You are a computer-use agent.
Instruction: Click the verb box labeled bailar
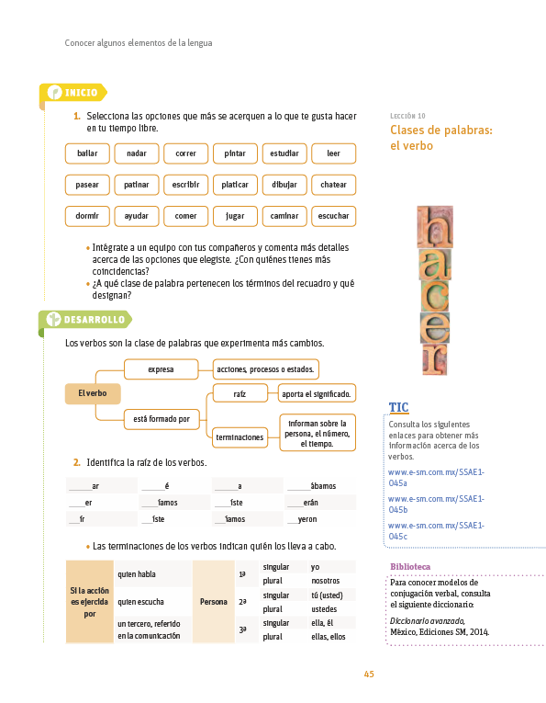tap(87, 153)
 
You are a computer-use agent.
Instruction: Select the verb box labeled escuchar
tap(333, 216)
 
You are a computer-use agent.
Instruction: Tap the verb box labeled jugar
tap(235, 216)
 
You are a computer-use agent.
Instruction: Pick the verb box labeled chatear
tap(333, 185)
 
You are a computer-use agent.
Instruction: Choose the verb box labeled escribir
tap(185, 185)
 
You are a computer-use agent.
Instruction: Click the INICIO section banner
tap(73, 93)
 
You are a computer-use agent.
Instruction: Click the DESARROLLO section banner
tap(85, 320)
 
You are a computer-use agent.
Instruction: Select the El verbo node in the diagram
tap(93, 393)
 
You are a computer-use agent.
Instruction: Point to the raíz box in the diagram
tap(240, 394)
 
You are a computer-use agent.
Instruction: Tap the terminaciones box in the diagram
tap(240, 437)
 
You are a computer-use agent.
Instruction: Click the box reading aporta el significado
tap(317, 394)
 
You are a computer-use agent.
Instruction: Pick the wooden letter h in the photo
tap(435, 227)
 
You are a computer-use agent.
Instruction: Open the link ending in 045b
tap(436, 505)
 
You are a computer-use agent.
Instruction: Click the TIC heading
tap(399, 407)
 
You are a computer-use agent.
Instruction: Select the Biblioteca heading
tap(410, 567)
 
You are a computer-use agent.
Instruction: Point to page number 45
tap(369, 675)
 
